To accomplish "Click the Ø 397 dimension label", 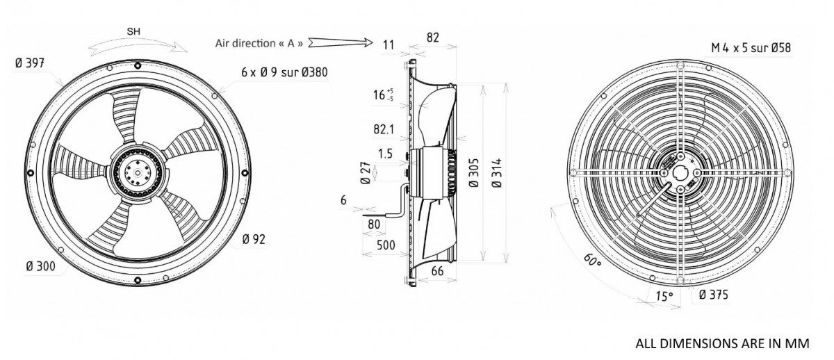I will (30, 63).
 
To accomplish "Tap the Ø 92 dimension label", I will (254, 240).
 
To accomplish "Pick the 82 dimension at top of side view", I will (432, 38).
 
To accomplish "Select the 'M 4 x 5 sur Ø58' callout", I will (750, 48).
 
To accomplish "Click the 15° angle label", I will (664, 296).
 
